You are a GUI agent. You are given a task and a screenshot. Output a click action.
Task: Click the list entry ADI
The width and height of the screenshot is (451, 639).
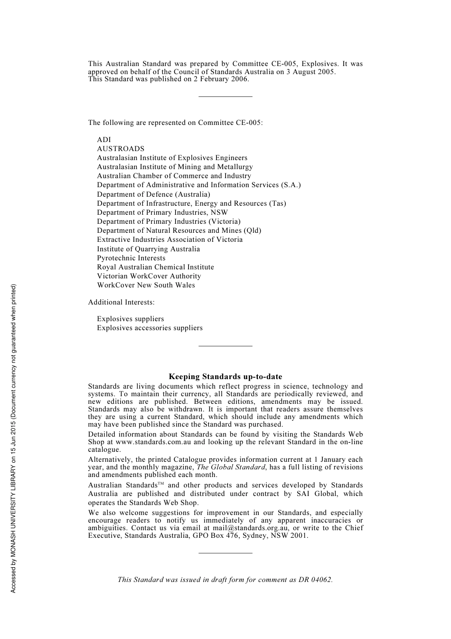click(x=103, y=140)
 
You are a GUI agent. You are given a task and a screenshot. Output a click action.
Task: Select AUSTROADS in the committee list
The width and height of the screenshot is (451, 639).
click(x=121, y=149)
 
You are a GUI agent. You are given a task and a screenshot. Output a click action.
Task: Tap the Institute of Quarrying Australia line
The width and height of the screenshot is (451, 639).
click(x=148, y=249)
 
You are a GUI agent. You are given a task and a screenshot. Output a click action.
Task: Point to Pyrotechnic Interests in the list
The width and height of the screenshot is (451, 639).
click(x=131, y=258)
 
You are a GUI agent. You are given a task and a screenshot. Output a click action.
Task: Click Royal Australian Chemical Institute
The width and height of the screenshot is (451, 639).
click(x=155, y=267)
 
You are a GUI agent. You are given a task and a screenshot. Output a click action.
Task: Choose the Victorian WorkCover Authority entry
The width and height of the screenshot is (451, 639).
click(x=149, y=276)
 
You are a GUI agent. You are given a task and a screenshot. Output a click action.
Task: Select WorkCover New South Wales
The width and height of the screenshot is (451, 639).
click(x=146, y=285)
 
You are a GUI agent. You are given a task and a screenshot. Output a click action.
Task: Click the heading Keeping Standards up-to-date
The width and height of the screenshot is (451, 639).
click(x=225, y=377)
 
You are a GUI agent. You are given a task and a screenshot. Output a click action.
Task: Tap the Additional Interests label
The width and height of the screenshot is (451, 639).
click(x=121, y=302)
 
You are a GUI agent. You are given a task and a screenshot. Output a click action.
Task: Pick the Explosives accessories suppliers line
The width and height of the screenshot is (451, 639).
click(x=150, y=328)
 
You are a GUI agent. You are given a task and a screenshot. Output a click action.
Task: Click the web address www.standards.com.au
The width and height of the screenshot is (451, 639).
click(x=153, y=442)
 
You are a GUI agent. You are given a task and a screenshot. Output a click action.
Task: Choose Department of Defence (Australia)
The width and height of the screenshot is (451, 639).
click(x=153, y=194)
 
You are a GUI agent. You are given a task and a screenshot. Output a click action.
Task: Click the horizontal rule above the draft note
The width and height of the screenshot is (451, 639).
click(x=225, y=553)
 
